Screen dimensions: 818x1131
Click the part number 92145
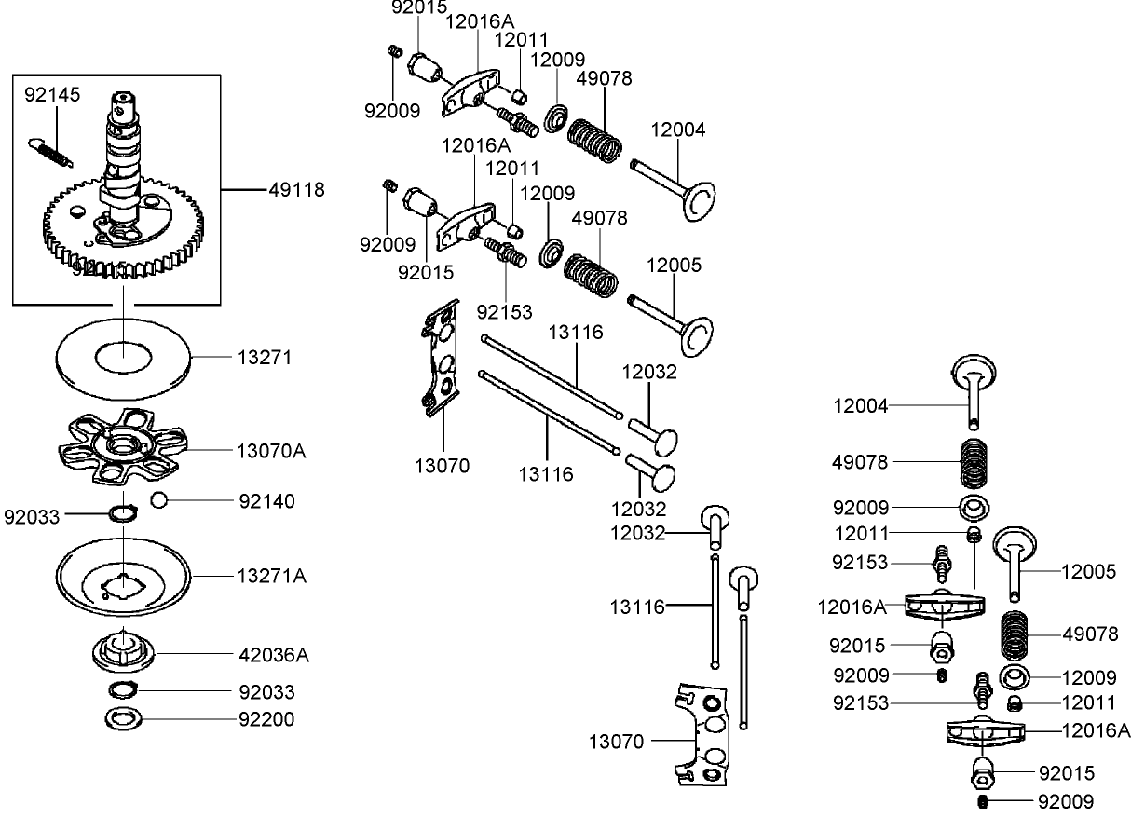point(52,94)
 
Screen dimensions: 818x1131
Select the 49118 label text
point(296,190)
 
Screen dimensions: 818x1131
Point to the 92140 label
point(266,501)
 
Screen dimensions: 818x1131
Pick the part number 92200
point(266,719)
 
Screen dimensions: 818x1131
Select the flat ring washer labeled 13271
point(124,358)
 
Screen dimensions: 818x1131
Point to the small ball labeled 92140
point(158,501)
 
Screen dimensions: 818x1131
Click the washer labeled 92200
point(124,719)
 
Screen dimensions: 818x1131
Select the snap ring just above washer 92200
point(124,690)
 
